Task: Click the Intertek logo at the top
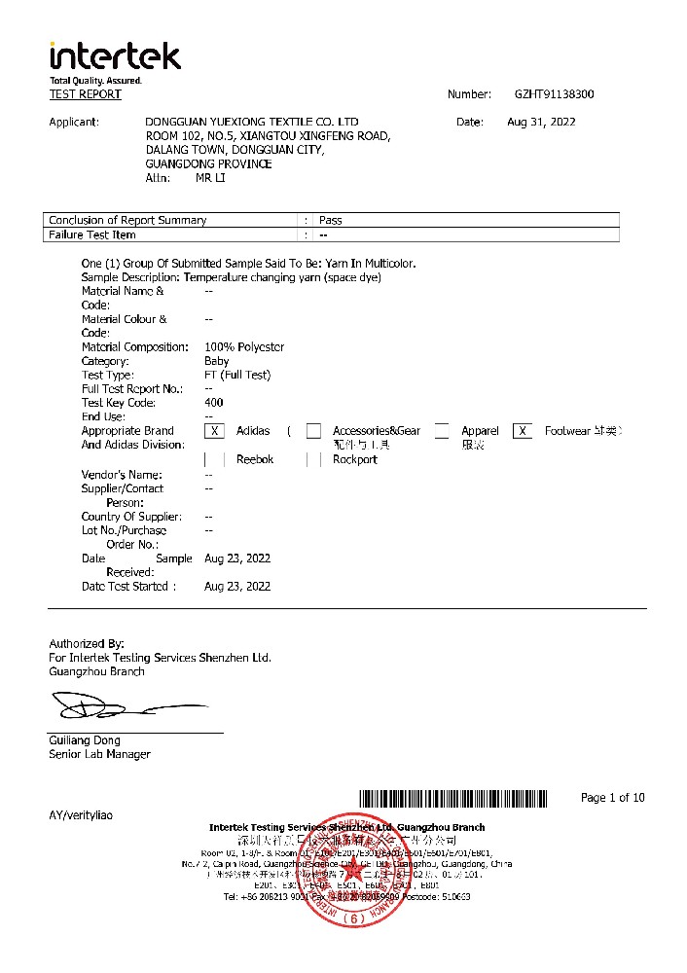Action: pos(115,56)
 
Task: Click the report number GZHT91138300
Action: pos(554,94)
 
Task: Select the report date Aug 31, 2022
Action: pos(541,122)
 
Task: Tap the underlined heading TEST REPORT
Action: pos(86,94)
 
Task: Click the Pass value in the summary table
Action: pos(331,220)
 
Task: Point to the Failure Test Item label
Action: pos(92,234)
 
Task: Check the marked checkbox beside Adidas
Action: pos(215,431)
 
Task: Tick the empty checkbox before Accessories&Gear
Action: pos(313,431)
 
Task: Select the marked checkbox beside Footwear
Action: pos(523,431)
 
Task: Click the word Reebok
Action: pos(255,459)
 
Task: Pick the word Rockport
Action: pos(354,459)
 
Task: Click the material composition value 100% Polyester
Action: pos(244,347)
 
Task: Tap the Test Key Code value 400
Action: pos(214,403)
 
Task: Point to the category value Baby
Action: pos(217,361)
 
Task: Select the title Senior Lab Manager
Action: pos(99,754)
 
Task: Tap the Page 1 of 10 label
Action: pos(612,798)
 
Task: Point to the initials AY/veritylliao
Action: pos(81,814)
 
